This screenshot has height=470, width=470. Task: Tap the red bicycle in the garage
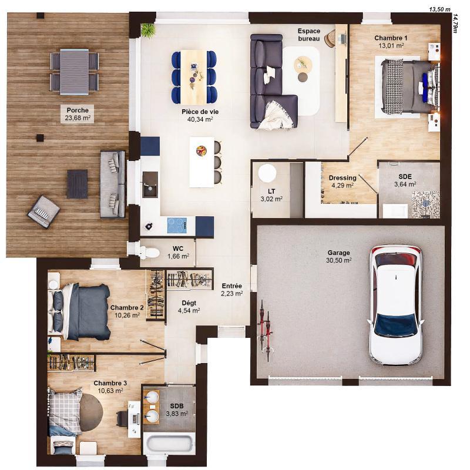pyautogui.click(x=266, y=329)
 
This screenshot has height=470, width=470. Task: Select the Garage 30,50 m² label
pyautogui.click(x=339, y=256)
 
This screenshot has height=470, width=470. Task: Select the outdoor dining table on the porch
pyautogui.click(x=74, y=71)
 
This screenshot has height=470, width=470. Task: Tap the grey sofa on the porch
pyautogui.click(x=112, y=184)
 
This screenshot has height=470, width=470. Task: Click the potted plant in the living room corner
pyautogui.click(x=147, y=30)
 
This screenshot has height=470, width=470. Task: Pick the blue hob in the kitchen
pyautogui.click(x=177, y=225)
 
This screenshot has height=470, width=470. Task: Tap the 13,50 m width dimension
pyautogui.click(x=439, y=9)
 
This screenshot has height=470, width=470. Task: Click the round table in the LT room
pyautogui.click(x=267, y=173)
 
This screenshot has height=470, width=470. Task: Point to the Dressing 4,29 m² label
pyautogui.click(x=342, y=181)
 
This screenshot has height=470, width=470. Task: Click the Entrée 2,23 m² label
pyautogui.click(x=231, y=290)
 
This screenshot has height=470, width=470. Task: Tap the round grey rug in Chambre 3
pyautogui.click(x=90, y=411)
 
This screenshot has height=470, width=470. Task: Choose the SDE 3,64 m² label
pyautogui.click(x=405, y=180)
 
